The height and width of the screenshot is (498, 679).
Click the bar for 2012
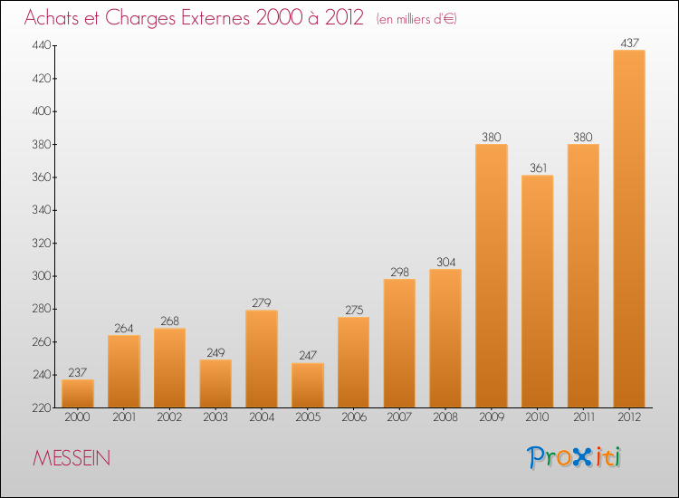point(629,229)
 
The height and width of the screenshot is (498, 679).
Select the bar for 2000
point(78,394)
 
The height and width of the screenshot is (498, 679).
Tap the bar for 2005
point(308,386)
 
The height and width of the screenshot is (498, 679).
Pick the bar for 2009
point(492,276)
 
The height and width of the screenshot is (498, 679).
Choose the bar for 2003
point(215,384)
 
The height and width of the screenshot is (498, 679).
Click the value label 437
point(629,43)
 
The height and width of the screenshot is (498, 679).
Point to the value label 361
point(539,168)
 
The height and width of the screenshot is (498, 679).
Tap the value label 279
point(262,302)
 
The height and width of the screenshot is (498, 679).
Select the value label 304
point(445,262)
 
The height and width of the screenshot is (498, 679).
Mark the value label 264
point(124,329)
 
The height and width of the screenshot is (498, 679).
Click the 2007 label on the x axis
point(399,417)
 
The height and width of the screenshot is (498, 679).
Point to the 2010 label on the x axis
point(538,417)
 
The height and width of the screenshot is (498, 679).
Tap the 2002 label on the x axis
point(169,417)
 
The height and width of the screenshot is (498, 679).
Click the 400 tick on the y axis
point(42,111)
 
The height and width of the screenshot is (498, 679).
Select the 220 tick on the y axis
point(42,407)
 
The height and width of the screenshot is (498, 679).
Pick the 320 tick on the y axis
point(42,243)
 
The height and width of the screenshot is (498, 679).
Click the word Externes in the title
point(215,18)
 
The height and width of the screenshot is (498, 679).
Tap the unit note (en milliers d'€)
point(416,19)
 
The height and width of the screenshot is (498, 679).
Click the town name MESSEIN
point(72,458)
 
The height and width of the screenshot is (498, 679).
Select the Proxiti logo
point(574,457)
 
